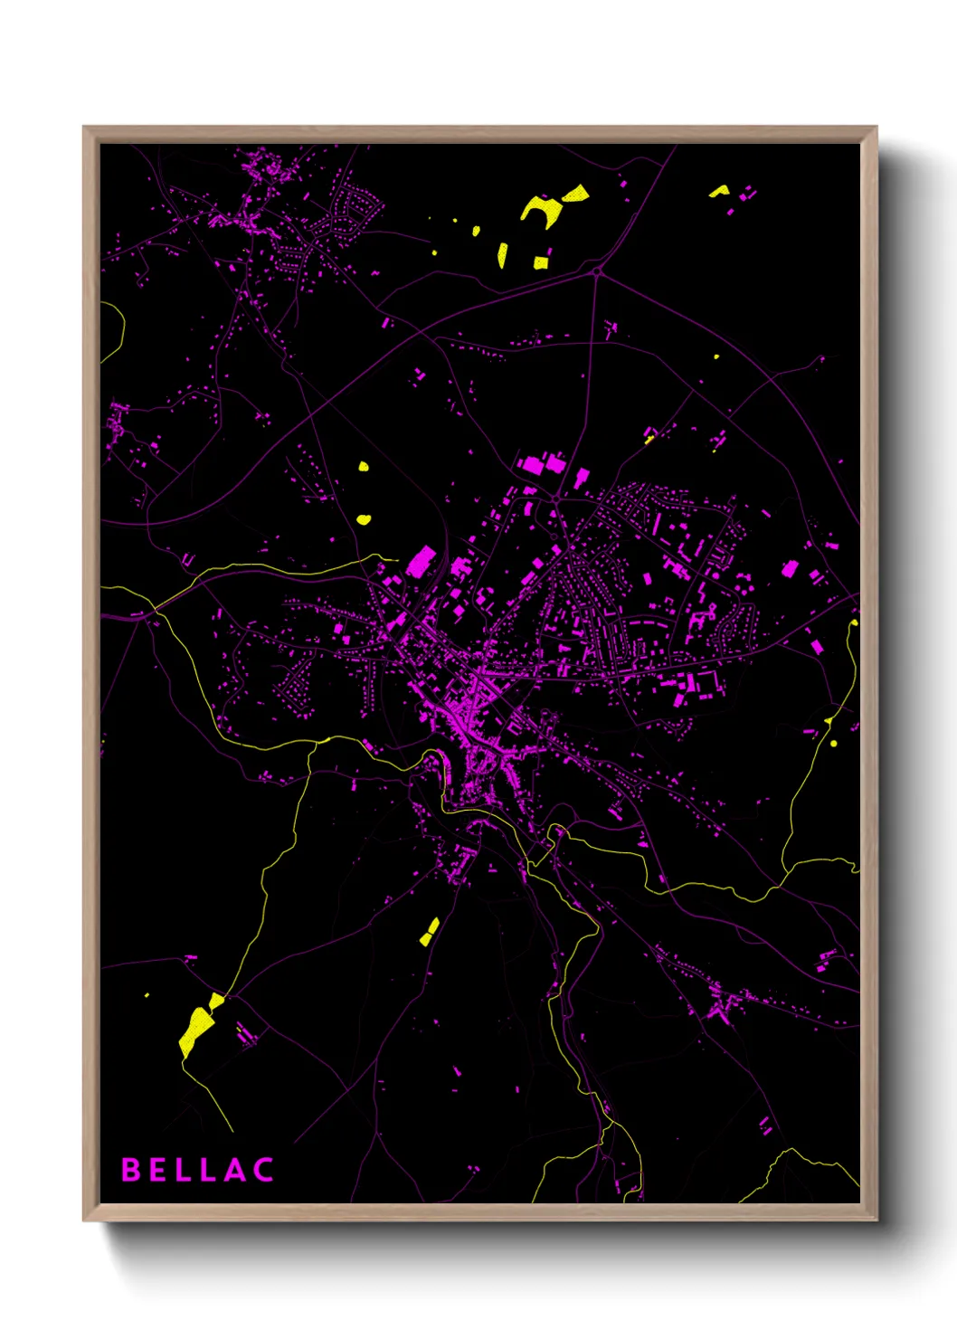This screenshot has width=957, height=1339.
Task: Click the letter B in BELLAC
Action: tap(131, 1170)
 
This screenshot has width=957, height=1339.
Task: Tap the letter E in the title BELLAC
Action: tap(157, 1170)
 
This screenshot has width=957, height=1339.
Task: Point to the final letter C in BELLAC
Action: tap(263, 1170)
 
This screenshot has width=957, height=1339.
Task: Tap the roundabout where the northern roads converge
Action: tap(597, 271)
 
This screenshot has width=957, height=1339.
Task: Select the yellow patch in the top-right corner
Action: tap(719, 191)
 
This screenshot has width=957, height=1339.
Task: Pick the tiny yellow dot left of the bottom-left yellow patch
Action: tap(147, 995)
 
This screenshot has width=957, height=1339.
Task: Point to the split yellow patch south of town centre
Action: tap(430, 932)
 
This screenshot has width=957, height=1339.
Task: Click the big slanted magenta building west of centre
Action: tap(420, 562)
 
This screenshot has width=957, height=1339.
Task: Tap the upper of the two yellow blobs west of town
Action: tap(363, 467)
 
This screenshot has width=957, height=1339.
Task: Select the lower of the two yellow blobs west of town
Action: tap(363, 519)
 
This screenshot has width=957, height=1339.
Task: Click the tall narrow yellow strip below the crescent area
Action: tap(502, 255)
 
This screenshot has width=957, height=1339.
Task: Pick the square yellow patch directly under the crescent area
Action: tap(541, 262)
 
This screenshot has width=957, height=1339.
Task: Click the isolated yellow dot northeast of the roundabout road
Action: tap(716, 356)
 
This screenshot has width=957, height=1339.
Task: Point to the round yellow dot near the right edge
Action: tap(833, 744)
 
